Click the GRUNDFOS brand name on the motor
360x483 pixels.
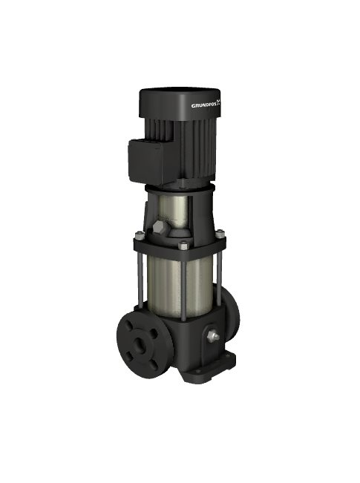tap(204, 105)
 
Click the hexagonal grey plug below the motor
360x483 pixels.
tap(158, 228)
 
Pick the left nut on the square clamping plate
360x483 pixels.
tap(140, 236)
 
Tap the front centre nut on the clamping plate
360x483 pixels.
tap(183, 246)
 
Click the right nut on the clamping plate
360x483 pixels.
tap(220, 234)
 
